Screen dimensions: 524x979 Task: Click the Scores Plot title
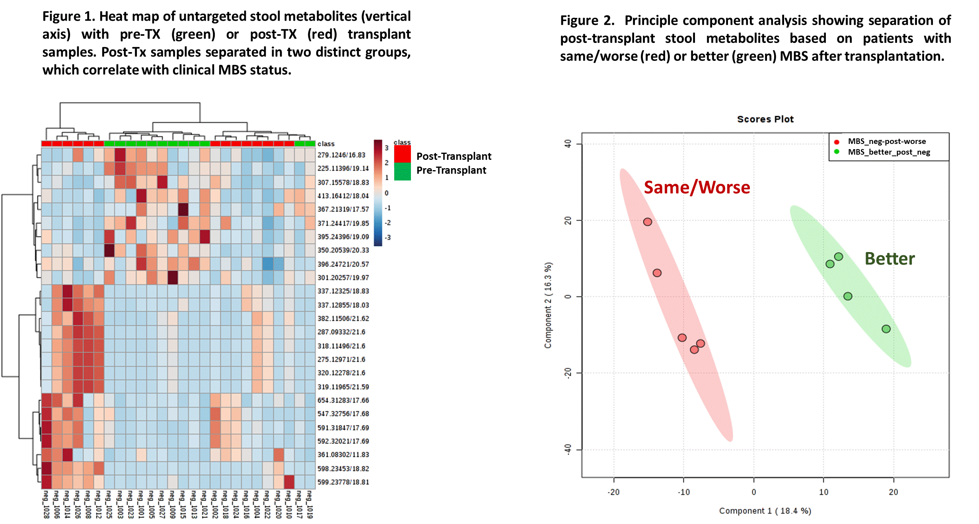765,119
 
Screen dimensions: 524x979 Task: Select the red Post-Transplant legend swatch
402,154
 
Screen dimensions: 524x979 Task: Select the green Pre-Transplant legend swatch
402,172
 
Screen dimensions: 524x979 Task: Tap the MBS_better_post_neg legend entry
889,152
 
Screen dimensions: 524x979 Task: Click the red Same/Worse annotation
697,187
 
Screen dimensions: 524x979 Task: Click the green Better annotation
889,259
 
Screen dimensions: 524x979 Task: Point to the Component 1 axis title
765,511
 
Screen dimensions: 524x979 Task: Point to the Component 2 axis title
548,305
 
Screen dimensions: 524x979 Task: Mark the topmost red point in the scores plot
648,222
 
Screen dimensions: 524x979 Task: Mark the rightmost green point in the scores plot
886,329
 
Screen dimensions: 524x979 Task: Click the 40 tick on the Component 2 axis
568,144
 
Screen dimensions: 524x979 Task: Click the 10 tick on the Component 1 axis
823,492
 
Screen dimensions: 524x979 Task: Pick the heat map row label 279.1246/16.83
341,155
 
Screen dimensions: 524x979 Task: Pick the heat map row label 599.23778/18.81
343,482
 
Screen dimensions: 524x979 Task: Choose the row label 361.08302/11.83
343,454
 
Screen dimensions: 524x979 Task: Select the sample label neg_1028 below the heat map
46,504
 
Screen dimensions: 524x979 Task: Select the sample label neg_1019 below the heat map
310,504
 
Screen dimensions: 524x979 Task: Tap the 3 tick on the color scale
386,148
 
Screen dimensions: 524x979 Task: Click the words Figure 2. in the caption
587,21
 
